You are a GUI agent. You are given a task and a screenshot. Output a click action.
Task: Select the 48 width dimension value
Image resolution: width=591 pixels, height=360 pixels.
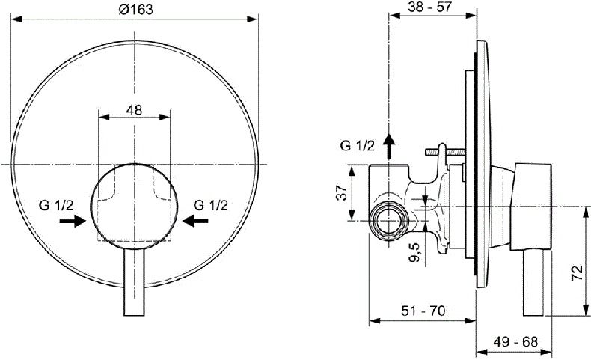coord(134,109)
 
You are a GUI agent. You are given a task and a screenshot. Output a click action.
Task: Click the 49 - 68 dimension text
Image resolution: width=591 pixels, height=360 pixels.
coord(515,341)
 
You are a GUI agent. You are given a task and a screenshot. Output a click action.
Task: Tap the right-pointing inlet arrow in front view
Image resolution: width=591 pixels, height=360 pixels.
coord(73,222)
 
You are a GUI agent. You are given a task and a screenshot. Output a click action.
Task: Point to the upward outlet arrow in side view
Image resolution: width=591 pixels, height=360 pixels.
coord(389,145)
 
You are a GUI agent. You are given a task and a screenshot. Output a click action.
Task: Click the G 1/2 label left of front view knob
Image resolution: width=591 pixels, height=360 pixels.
coord(55,204)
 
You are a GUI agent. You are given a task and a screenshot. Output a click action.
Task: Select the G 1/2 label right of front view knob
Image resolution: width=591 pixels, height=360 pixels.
coord(210,204)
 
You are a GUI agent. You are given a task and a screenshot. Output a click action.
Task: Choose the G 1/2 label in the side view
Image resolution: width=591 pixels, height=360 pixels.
coord(356,145)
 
